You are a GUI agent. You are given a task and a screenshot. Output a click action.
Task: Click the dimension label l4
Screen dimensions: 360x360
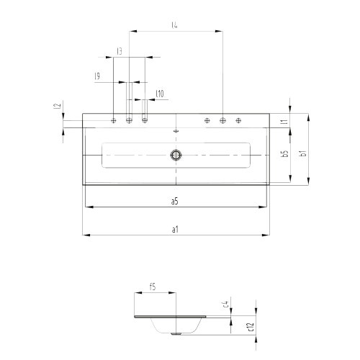[x=175, y=25]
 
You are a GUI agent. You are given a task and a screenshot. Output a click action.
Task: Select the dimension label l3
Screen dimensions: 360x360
[x=118, y=52]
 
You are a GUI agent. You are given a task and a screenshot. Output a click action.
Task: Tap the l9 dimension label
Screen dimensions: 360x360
[x=97, y=76]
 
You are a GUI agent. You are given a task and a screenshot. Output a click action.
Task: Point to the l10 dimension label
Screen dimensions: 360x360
[x=160, y=94]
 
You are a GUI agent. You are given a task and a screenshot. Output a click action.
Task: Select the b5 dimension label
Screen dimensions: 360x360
[x=285, y=154]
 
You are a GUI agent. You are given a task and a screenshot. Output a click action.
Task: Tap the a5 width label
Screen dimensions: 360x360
[x=175, y=202]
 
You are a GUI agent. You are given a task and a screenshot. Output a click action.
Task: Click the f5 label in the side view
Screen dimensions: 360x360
[x=153, y=287]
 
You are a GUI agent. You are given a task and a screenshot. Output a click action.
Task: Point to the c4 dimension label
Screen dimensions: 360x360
[x=225, y=305]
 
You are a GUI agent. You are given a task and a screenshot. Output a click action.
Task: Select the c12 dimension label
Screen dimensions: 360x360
[x=251, y=327]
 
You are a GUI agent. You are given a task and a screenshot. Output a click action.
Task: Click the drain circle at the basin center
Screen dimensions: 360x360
[x=175, y=154]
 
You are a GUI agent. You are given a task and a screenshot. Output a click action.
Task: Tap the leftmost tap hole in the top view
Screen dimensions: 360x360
[x=114, y=120]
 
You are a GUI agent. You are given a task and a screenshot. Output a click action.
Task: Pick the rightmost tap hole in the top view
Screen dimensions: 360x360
[x=238, y=120]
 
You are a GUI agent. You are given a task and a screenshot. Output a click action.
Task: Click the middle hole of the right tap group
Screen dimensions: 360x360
[x=222, y=120]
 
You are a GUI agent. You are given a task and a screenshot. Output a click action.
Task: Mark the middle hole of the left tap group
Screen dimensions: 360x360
[x=130, y=120]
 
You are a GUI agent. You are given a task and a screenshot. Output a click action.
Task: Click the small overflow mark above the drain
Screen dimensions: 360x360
[x=176, y=132]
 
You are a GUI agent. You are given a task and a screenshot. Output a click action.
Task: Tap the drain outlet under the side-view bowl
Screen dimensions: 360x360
[x=175, y=333]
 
